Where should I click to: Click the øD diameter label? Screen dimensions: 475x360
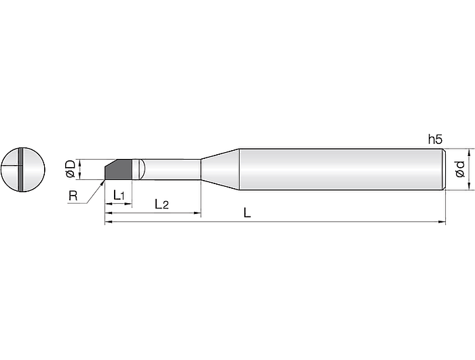(x=71, y=169)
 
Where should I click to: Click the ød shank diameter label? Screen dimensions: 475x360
(x=460, y=169)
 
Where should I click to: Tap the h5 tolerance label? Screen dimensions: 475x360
(x=436, y=139)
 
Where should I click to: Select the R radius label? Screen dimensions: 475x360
(x=73, y=196)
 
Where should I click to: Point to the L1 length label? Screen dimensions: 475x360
(x=119, y=195)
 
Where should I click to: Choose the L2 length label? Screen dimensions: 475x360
(x=161, y=204)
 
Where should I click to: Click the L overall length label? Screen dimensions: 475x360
(x=247, y=213)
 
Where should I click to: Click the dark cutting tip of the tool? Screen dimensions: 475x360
(x=118, y=169)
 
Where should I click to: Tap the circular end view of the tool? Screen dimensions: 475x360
(x=23, y=170)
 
